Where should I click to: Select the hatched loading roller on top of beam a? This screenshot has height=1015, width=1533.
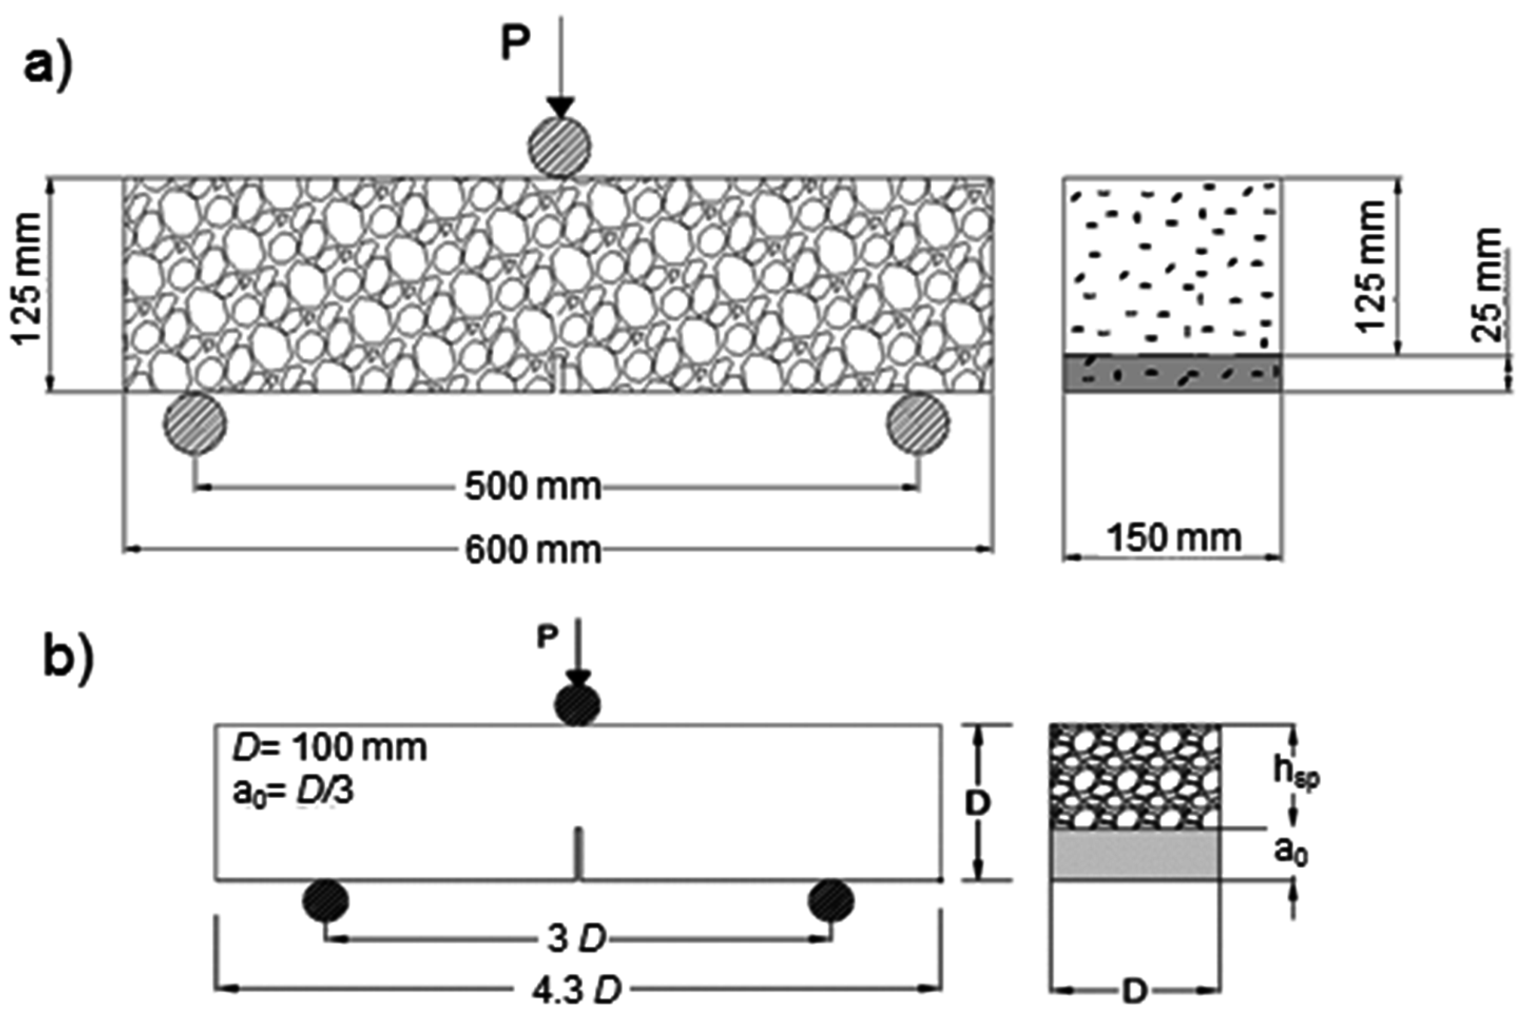coord(559,148)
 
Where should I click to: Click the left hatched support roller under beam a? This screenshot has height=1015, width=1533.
coord(195,423)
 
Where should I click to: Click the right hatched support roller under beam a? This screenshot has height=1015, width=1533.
coord(919,423)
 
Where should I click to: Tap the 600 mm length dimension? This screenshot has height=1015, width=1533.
coord(532,551)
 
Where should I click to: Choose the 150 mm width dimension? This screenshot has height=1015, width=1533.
coord(1173,538)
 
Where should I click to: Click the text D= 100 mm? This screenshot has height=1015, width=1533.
coord(329,749)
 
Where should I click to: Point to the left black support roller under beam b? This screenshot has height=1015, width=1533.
coord(326,900)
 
